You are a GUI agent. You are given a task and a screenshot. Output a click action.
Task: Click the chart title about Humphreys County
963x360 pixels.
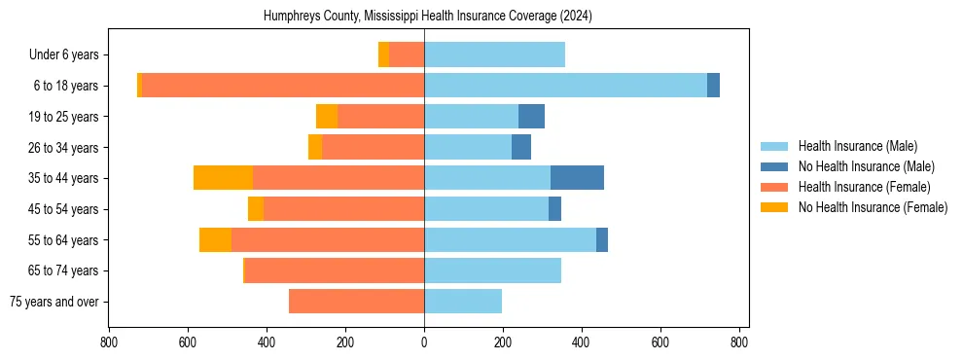click(428, 17)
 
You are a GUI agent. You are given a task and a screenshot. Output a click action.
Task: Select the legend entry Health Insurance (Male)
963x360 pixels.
click(857, 146)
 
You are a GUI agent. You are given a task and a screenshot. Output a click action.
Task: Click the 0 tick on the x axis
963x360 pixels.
click(424, 343)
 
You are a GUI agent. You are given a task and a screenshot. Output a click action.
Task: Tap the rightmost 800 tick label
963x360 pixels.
click(739, 343)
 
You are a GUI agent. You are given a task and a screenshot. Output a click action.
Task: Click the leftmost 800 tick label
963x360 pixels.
click(109, 343)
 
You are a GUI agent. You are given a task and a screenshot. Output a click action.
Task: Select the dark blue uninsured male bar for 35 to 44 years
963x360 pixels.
click(577, 178)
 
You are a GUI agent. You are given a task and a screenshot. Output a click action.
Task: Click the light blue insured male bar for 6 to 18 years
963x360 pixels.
click(565, 86)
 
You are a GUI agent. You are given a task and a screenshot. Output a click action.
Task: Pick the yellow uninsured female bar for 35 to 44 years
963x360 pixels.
click(223, 178)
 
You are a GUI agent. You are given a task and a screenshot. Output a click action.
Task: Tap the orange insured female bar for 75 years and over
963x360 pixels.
click(356, 302)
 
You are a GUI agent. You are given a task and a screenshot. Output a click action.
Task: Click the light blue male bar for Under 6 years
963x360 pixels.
click(494, 54)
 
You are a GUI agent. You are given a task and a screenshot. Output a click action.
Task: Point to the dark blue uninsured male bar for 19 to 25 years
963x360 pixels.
click(531, 117)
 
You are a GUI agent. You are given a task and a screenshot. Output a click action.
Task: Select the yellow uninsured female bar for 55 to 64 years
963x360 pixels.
click(215, 239)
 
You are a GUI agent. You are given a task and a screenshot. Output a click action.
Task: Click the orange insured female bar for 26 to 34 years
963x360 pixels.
click(373, 147)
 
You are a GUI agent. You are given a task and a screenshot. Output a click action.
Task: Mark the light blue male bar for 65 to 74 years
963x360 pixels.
click(492, 270)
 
